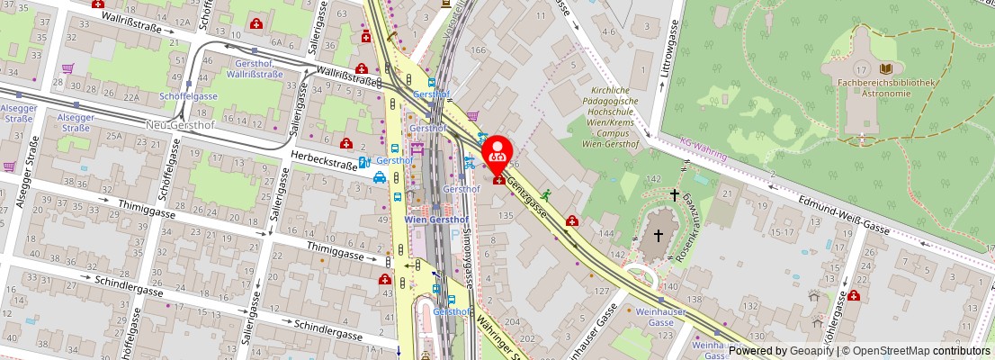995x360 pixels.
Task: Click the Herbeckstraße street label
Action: [323, 160]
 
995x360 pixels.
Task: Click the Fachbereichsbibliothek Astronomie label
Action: [886, 87]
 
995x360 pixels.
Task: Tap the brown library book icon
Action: [886, 68]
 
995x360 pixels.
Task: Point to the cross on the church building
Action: [658, 235]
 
